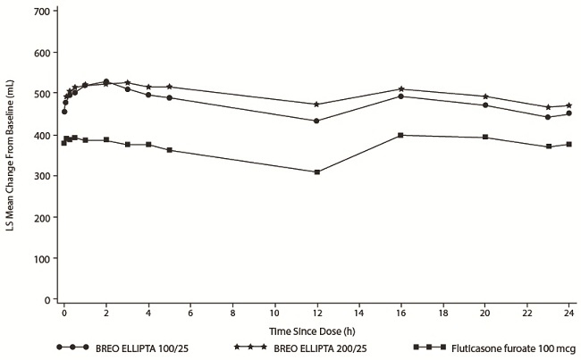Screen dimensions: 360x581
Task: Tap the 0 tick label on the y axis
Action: click(x=45, y=299)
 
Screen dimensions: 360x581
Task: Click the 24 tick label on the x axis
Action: click(x=568, y=315)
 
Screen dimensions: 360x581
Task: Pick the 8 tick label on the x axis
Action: click(x=232, y=315)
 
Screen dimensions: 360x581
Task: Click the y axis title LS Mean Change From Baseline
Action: click(x=11, y=157)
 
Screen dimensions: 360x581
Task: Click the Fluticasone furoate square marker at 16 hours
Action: click(x=400, y=135)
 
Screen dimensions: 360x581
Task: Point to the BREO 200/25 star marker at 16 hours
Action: click(x=400, y=89)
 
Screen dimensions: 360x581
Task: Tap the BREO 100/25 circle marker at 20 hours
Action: click(x=485, y=105)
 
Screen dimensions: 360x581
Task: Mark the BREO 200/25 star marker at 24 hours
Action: click(x=568, y=105)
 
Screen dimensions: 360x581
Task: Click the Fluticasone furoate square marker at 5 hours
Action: click(x=169, y=150)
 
